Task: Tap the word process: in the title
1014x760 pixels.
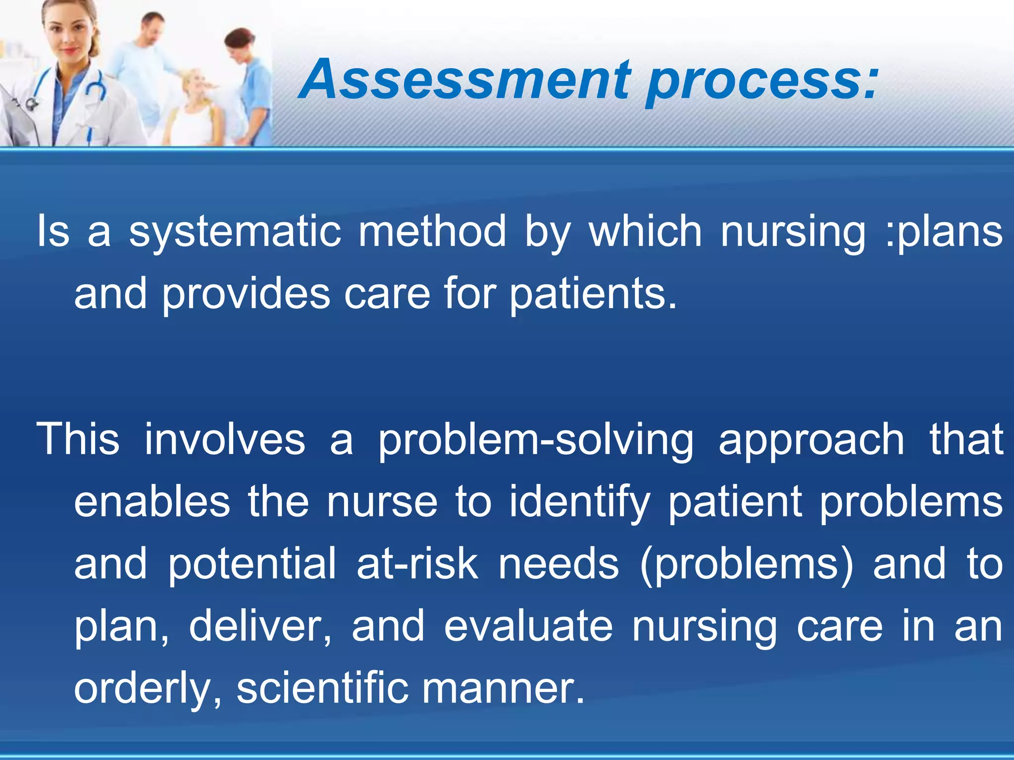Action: click(x=762, y=82)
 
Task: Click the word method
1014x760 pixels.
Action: click(x=432, y=231)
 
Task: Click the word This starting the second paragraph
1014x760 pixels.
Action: click(x=78, y=439)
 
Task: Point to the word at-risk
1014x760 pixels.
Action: click(x=417, y=564)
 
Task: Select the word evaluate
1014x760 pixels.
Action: click(x=528, y=626)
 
